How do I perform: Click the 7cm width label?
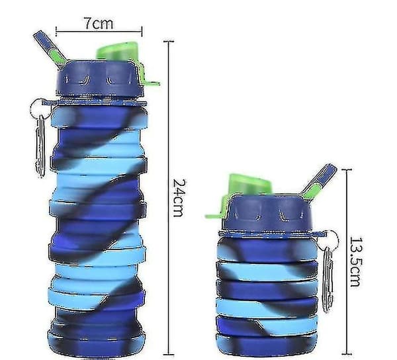pos(99,23)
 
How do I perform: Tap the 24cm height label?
pos(179,198)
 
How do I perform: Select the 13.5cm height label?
pos(356,262)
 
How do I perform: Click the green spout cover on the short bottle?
pos(249,184)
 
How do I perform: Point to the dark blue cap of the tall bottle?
pos(99,79)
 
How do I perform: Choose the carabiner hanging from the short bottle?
pos(328,279)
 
